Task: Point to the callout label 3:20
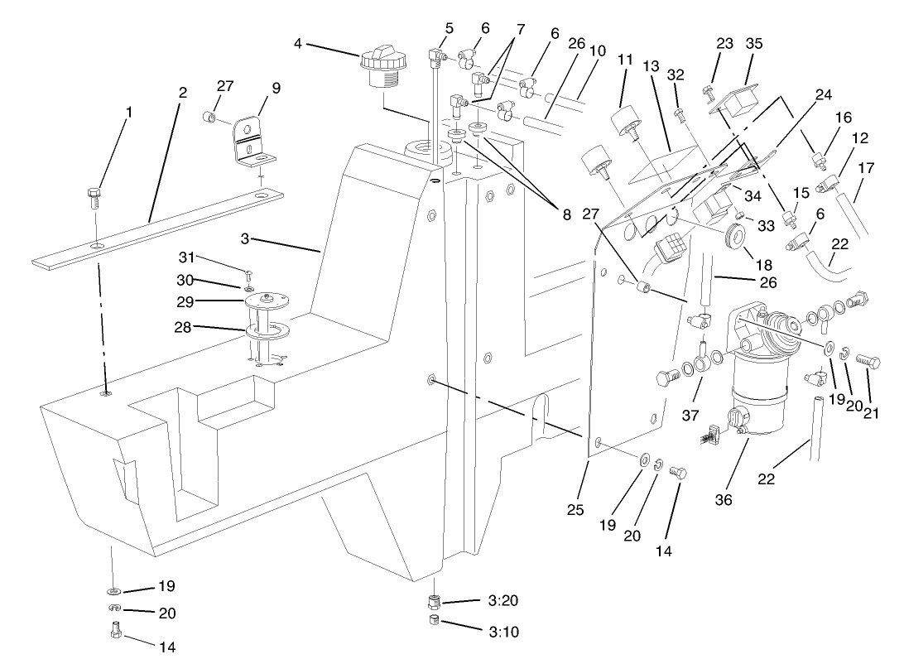tap(503, 601)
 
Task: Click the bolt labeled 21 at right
tap(866, 363)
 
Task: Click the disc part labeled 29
tap(266, 300)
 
